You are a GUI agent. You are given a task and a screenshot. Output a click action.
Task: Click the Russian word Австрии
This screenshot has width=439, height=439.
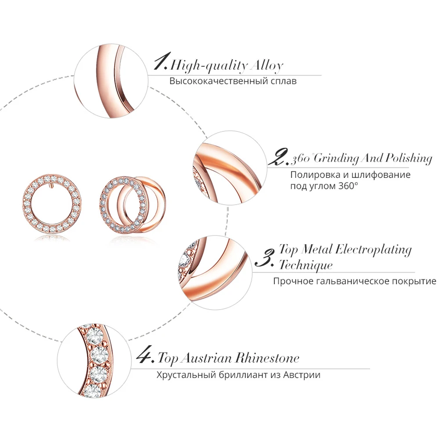pyautogui.click(x=303, y=375)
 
